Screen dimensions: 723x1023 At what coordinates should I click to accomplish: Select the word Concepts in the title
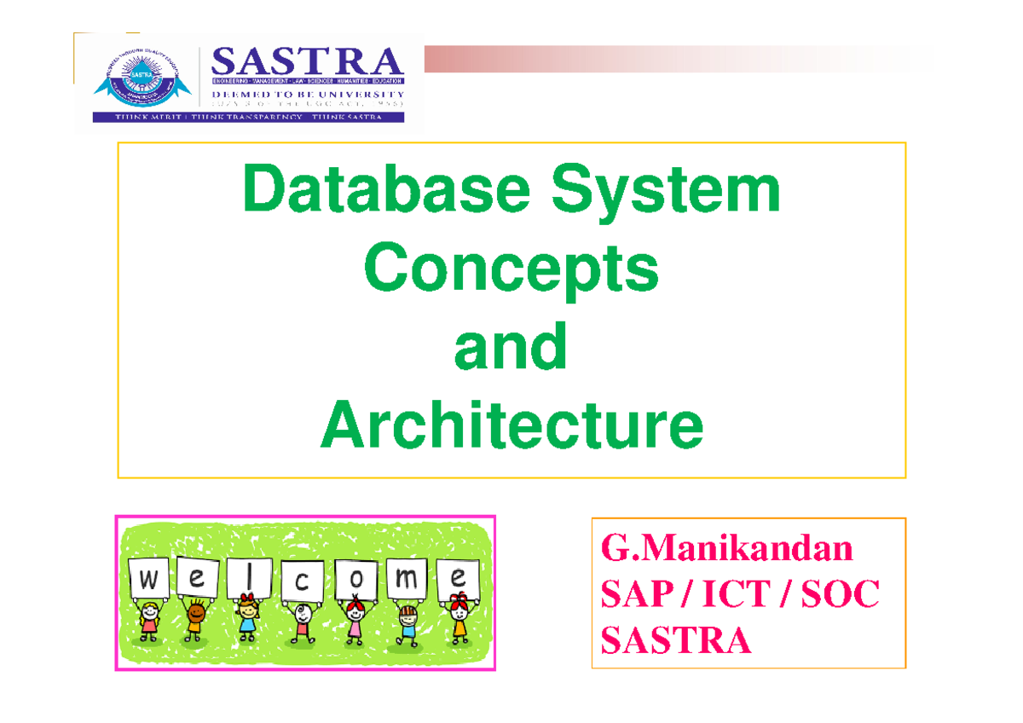click(x=511, y=269)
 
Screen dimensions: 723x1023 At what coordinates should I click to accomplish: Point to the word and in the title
click(x=511, y=347)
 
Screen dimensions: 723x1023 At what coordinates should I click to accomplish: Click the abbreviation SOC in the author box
click(x=839, y=594)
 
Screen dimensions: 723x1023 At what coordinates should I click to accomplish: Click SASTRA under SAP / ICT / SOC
click(x=676, y=639)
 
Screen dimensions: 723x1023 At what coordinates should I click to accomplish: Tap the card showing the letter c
click(x=302, y=581)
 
